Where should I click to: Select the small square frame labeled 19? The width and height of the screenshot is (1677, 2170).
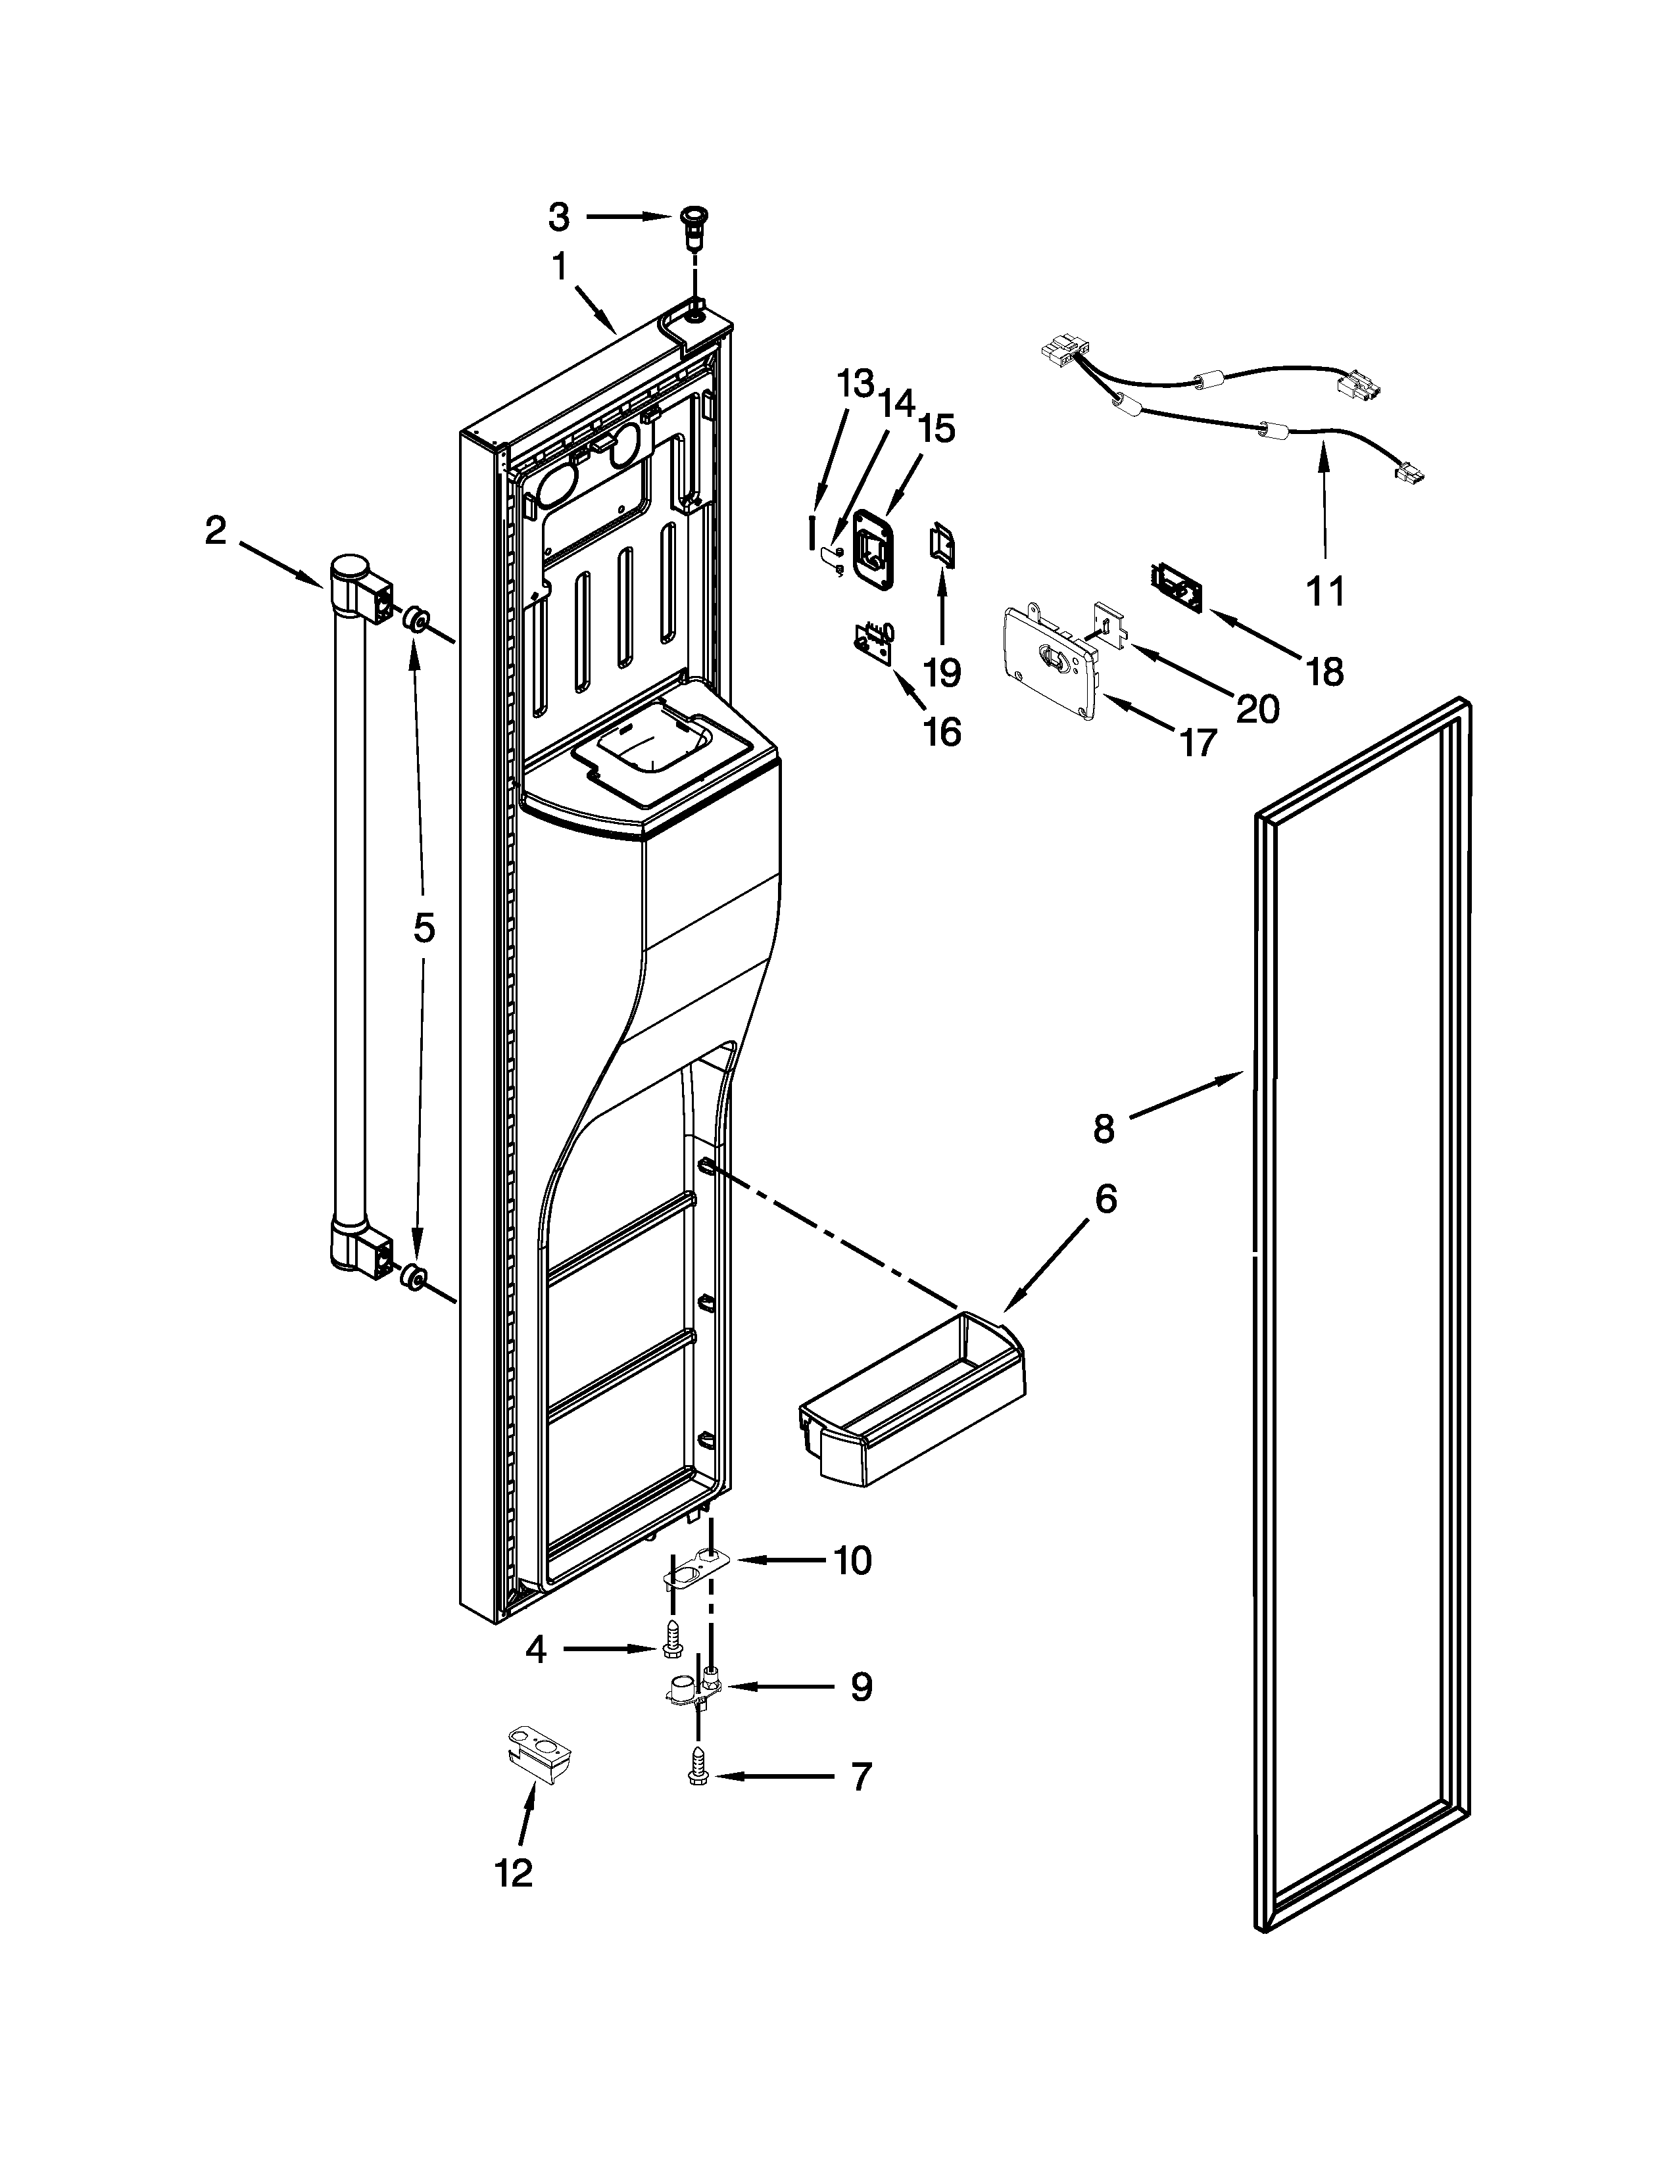[x=942, y=544]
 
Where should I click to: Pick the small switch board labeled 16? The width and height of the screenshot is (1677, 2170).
[x=874, y=641]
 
